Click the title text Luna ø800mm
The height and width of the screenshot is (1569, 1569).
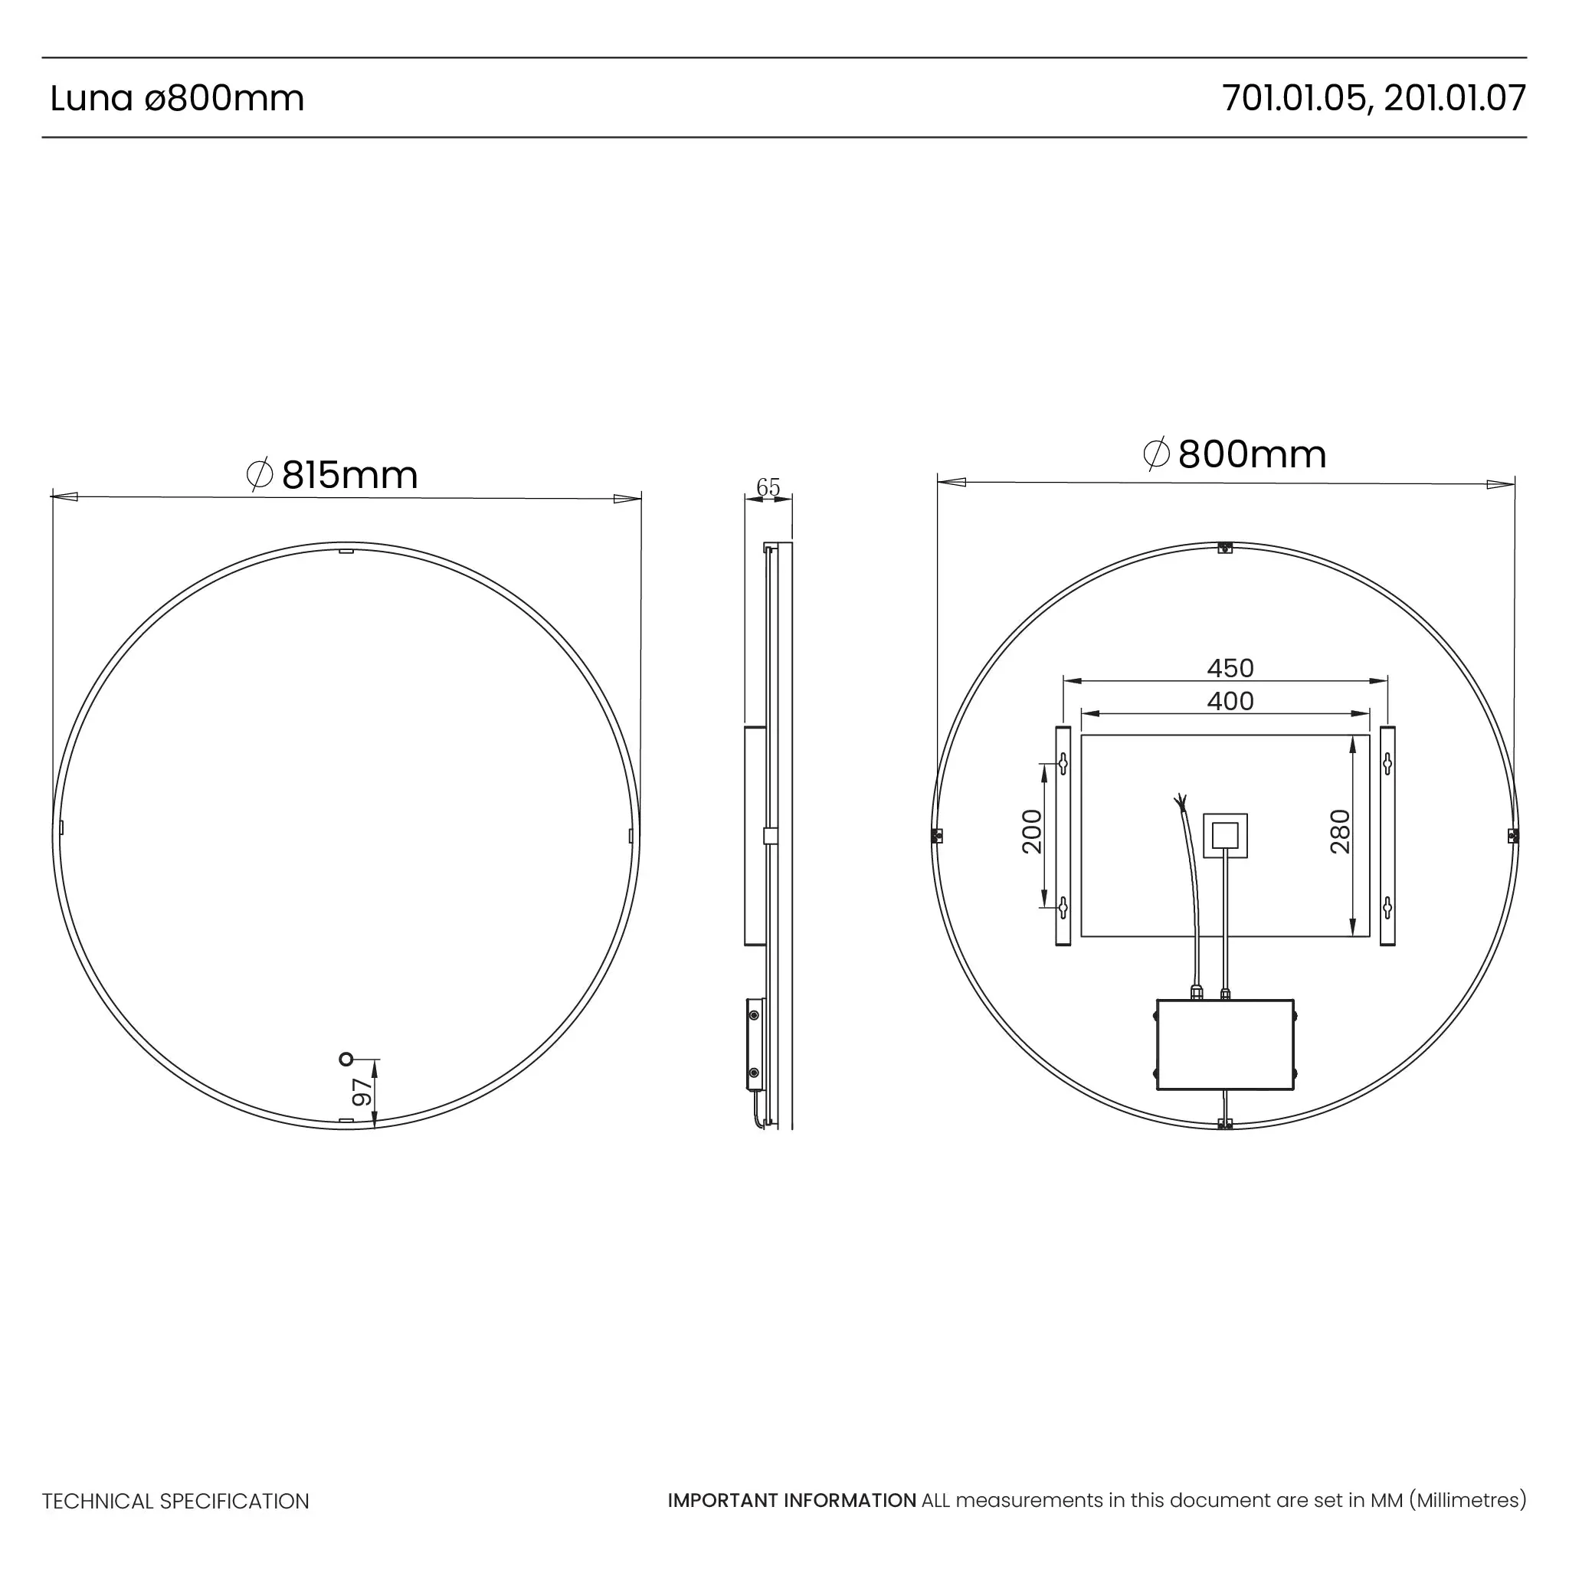pos(177,98)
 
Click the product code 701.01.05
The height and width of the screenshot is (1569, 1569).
pos(1294,98)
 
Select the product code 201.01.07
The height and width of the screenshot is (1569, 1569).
pos(1456,98)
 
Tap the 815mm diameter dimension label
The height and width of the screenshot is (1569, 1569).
pos(333,475)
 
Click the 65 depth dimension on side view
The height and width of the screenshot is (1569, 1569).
pos(768,487)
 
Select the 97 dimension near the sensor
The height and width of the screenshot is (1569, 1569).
pos(362,1092)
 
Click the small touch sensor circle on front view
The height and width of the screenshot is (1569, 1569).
pos(346,1059)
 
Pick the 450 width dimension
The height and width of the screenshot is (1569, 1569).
pos(1230,667)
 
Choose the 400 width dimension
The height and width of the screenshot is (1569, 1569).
pos(1230,701)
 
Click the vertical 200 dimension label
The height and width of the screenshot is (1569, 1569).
pos(1032,831)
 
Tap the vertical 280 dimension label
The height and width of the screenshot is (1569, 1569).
pos(1341,831)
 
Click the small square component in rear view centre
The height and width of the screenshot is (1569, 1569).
pos(1225,835)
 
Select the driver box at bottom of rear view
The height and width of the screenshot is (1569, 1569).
pos(1225,1044)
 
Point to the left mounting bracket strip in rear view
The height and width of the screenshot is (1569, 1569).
pos(1063,837)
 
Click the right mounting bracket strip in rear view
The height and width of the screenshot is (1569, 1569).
pos(1388,837)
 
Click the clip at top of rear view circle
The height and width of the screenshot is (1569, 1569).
pos(1226,549)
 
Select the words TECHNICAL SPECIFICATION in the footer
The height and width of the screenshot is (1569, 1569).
pos(175,1501)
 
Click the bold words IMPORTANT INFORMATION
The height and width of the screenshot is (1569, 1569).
pos(792,1500)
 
